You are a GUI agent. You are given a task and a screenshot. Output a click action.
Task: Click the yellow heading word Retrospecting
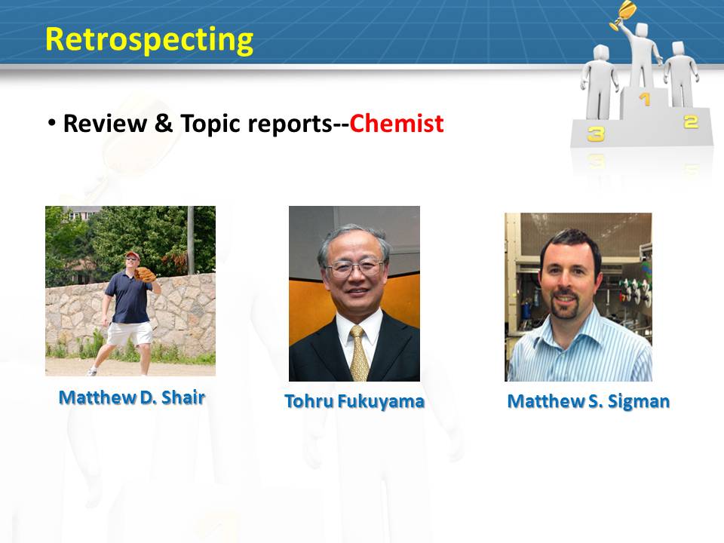[149, 40]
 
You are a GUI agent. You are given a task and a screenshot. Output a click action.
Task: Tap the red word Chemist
[396, 123]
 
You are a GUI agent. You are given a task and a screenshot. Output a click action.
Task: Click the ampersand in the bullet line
[163, 123]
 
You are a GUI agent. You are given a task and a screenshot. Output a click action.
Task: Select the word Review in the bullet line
[105, 123]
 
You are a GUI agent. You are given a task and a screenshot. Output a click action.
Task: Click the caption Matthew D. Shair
[131, 397]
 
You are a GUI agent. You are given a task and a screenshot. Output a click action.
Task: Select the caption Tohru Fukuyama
[354, 401]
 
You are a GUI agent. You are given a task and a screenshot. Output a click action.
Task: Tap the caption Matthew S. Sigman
[588, 401]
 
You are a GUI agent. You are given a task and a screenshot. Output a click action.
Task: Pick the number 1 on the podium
[645, 98]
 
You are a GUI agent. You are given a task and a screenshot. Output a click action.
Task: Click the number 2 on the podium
[691, 122]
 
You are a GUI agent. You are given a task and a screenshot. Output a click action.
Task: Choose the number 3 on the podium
[596, 134]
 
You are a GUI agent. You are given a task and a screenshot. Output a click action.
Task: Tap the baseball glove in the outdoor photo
[145, 275]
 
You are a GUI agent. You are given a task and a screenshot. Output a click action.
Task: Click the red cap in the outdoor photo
[132, 255]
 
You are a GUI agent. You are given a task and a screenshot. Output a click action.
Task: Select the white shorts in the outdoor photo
[130, 333]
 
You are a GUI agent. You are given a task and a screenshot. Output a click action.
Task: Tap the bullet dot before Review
[52, 123]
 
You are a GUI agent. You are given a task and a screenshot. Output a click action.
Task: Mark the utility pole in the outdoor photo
[191, 240]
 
